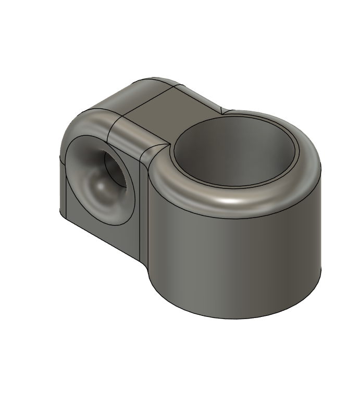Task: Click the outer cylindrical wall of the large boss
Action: (234, 260)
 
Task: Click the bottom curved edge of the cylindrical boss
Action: (234, 315)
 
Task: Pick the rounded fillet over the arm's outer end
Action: (86, 122)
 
